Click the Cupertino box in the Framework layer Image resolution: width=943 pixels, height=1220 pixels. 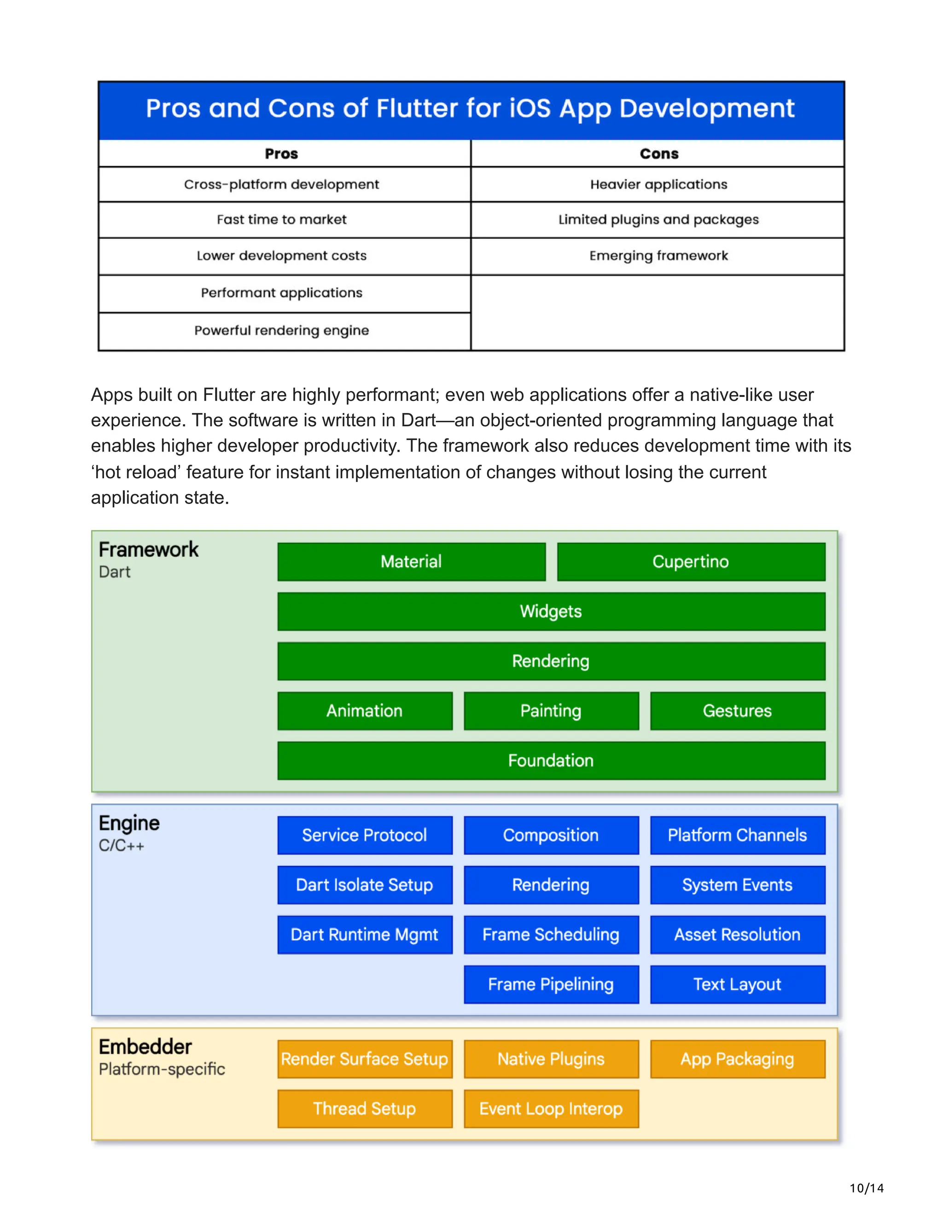coord(691,561)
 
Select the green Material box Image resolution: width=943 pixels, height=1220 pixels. coord(411,561)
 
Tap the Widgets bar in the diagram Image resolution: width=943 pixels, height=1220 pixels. coord(551,611)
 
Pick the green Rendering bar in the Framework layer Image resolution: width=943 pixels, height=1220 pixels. coord(551,661)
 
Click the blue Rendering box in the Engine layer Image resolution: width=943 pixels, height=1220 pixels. coord(551,885)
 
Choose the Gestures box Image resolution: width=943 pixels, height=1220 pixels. coord(738,710)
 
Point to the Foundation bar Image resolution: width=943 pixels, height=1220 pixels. coord(551,760)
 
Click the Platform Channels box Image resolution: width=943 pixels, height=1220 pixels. coord(738,835)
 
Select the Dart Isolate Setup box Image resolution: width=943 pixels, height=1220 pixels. coord(364,885)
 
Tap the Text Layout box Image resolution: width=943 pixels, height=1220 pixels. coord(738,984)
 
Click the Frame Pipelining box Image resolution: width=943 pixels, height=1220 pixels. coord(551,984)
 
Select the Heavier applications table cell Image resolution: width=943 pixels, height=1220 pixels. coord(658,184)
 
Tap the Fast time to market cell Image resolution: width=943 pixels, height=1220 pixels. coord(281,220)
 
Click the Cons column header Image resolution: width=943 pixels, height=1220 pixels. coord(658,154)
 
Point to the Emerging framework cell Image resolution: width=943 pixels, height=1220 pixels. coord(658,256)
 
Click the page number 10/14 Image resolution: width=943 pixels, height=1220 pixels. coord(866,1188)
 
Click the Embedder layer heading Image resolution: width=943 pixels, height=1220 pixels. coord(145,1046)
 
